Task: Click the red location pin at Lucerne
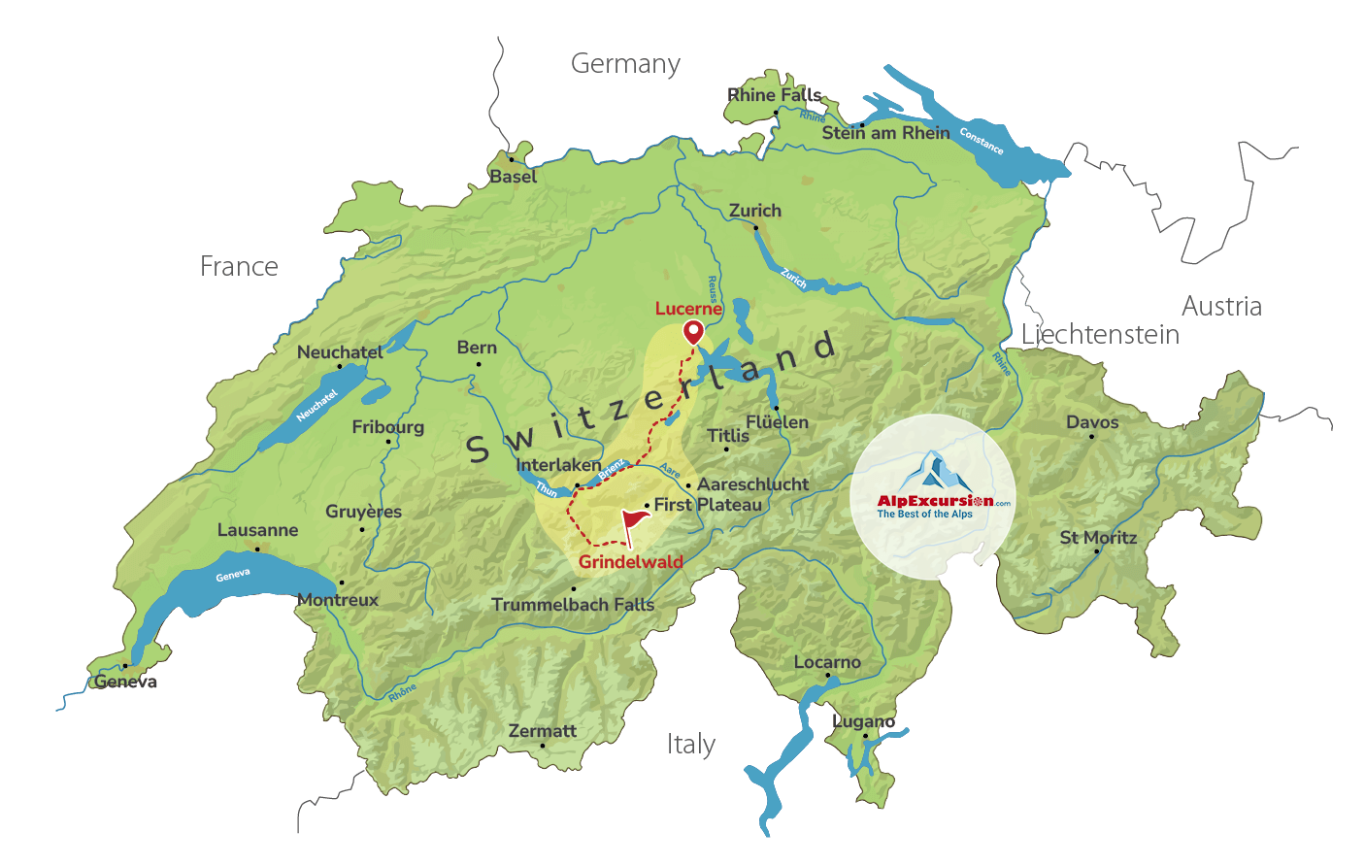coord(692,331)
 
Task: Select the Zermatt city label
coord(542,731)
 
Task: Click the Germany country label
coord(625,64)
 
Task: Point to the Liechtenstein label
coord(1100,335)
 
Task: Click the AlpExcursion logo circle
coord(932,496)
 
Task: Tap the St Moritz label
coord(1098,537)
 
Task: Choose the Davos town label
coord(1092,422)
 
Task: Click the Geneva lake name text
coord(233,576)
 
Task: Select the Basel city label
coord(513,177)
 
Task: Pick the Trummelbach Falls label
coord(573,605)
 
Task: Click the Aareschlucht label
coord(753,483)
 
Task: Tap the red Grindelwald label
coord(631,562)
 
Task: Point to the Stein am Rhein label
coord(885,133)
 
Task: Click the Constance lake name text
coord(981,141)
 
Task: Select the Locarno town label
coord(827,662)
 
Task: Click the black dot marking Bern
coord(478,365)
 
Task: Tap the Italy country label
coord(690,745)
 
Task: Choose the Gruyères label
coord(363,512)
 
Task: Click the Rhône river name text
coord(402,692)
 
